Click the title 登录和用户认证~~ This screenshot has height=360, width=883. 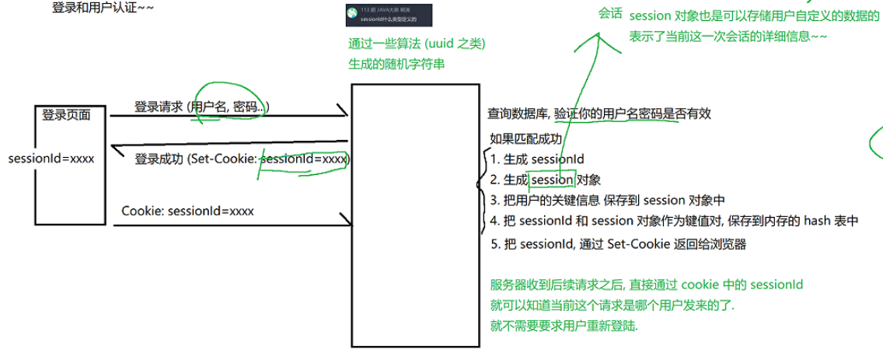pos(103,9)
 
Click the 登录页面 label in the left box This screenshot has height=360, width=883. pos(66,115)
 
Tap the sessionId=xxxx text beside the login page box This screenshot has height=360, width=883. pos(51,159)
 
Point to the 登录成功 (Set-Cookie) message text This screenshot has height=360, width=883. pos(242,159)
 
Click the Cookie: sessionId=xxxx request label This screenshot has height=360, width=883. pos(187,211)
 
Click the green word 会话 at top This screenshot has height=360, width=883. pos(610,14)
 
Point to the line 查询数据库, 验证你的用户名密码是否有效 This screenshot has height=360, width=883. pos(599,114)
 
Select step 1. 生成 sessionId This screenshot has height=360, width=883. pos(537,159)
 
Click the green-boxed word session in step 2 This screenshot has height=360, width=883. pos(552,180)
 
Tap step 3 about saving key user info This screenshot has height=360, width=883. pos(608,200)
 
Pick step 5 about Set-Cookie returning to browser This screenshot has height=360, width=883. pos(618,243)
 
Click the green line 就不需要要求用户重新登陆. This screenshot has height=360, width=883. pos(564,327)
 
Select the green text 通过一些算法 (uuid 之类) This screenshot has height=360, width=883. pos(422,44)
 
